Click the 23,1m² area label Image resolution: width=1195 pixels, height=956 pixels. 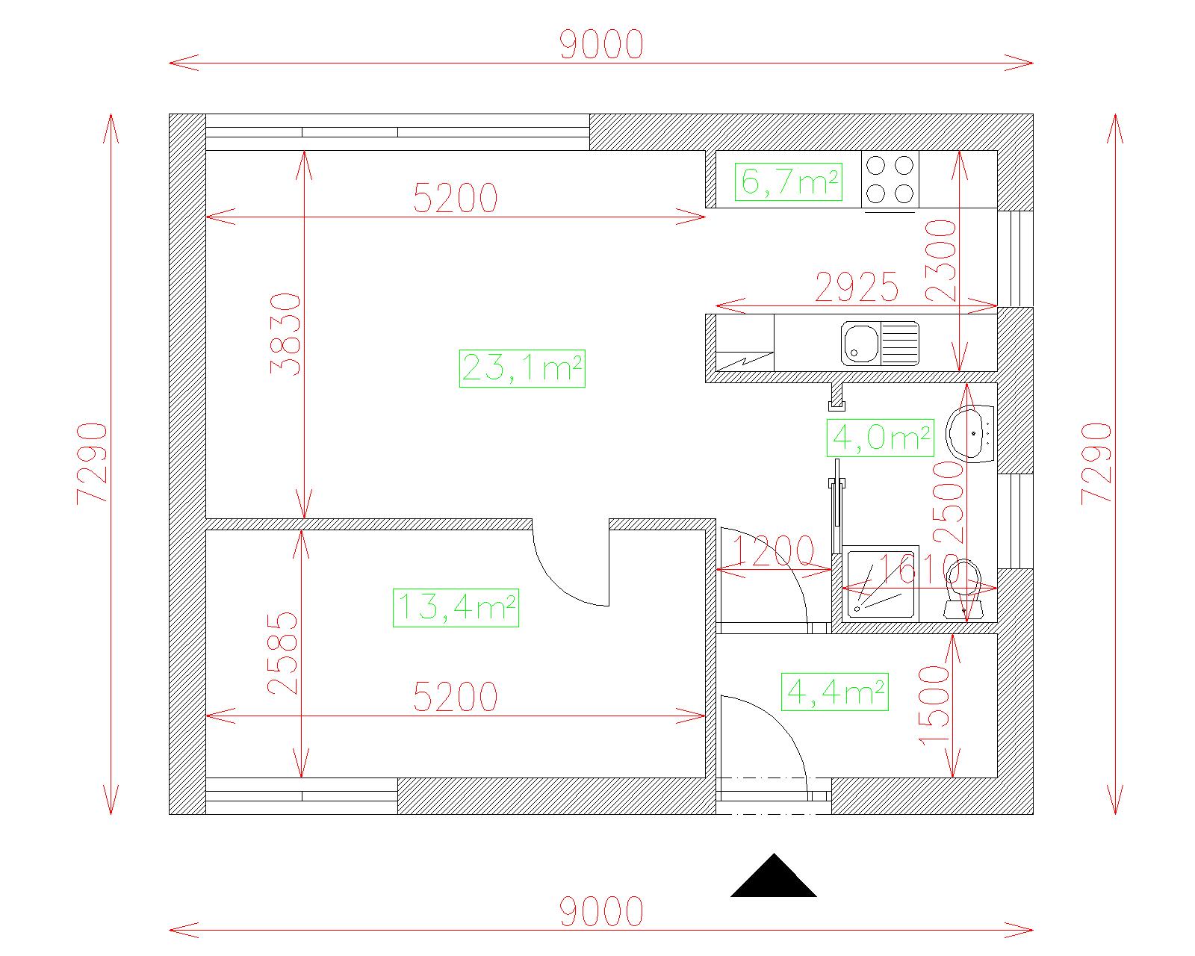522,367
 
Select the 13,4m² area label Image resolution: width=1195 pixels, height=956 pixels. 456,608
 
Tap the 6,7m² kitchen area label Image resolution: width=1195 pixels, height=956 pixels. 789,181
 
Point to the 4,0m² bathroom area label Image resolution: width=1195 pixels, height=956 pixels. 880,438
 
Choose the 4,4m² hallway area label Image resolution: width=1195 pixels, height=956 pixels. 834,692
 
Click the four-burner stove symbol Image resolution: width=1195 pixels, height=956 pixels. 890,179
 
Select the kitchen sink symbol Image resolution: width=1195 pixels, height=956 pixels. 880,344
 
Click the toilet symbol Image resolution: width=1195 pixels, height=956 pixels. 963,590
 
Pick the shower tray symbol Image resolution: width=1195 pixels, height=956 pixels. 880,583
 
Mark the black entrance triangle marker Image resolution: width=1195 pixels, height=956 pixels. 774,877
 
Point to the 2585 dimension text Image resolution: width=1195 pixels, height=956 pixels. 282,654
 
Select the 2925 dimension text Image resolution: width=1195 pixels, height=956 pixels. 856,288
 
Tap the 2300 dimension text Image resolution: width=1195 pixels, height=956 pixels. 940,260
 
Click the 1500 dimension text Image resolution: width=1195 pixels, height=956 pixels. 934,706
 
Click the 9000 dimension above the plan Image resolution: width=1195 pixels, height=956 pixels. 601,45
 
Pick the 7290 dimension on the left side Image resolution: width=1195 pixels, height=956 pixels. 92,464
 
